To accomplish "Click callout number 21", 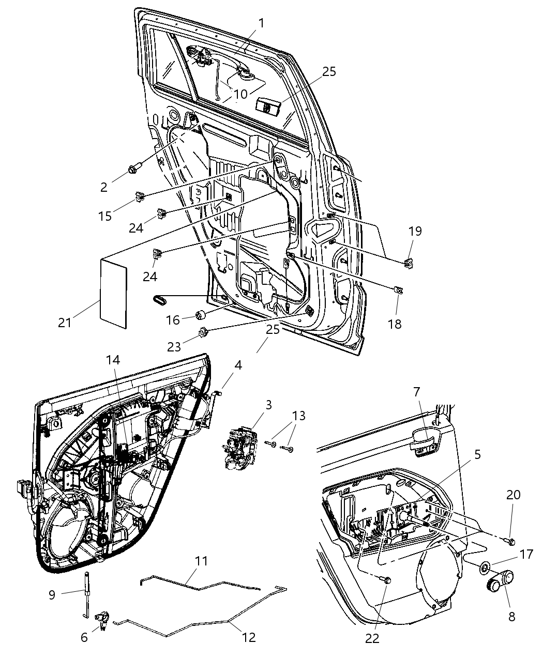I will [x=65, y=323].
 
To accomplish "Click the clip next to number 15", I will [x=139, y=196].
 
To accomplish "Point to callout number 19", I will [x=415, y=231].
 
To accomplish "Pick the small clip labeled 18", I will [x=398, y=290].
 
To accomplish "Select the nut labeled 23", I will [x=202, y=332].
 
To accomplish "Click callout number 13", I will [x=299, y=416].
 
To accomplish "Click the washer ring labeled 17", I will [x=485, y=568].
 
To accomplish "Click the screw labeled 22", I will [x=388, y=580].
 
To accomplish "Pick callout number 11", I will [x=202, y=561].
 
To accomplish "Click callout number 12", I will [x=249, y=637].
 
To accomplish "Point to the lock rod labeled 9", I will [x=85, y=594].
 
